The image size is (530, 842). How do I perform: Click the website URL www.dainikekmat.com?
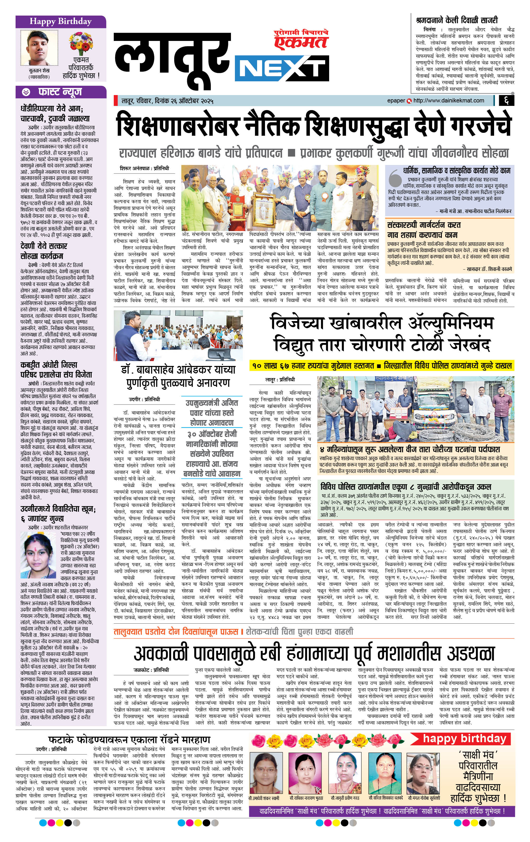click(x=448, y=101)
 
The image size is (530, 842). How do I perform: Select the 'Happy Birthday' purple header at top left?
click(x=60, y=21)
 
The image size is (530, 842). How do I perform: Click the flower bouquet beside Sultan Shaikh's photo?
click(x=81, y=43)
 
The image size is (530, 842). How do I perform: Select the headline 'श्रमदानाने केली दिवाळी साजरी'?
click(x=457, y=20)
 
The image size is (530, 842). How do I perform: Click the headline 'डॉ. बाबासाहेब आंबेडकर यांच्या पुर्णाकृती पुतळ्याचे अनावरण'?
click(x=178, y=376)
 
